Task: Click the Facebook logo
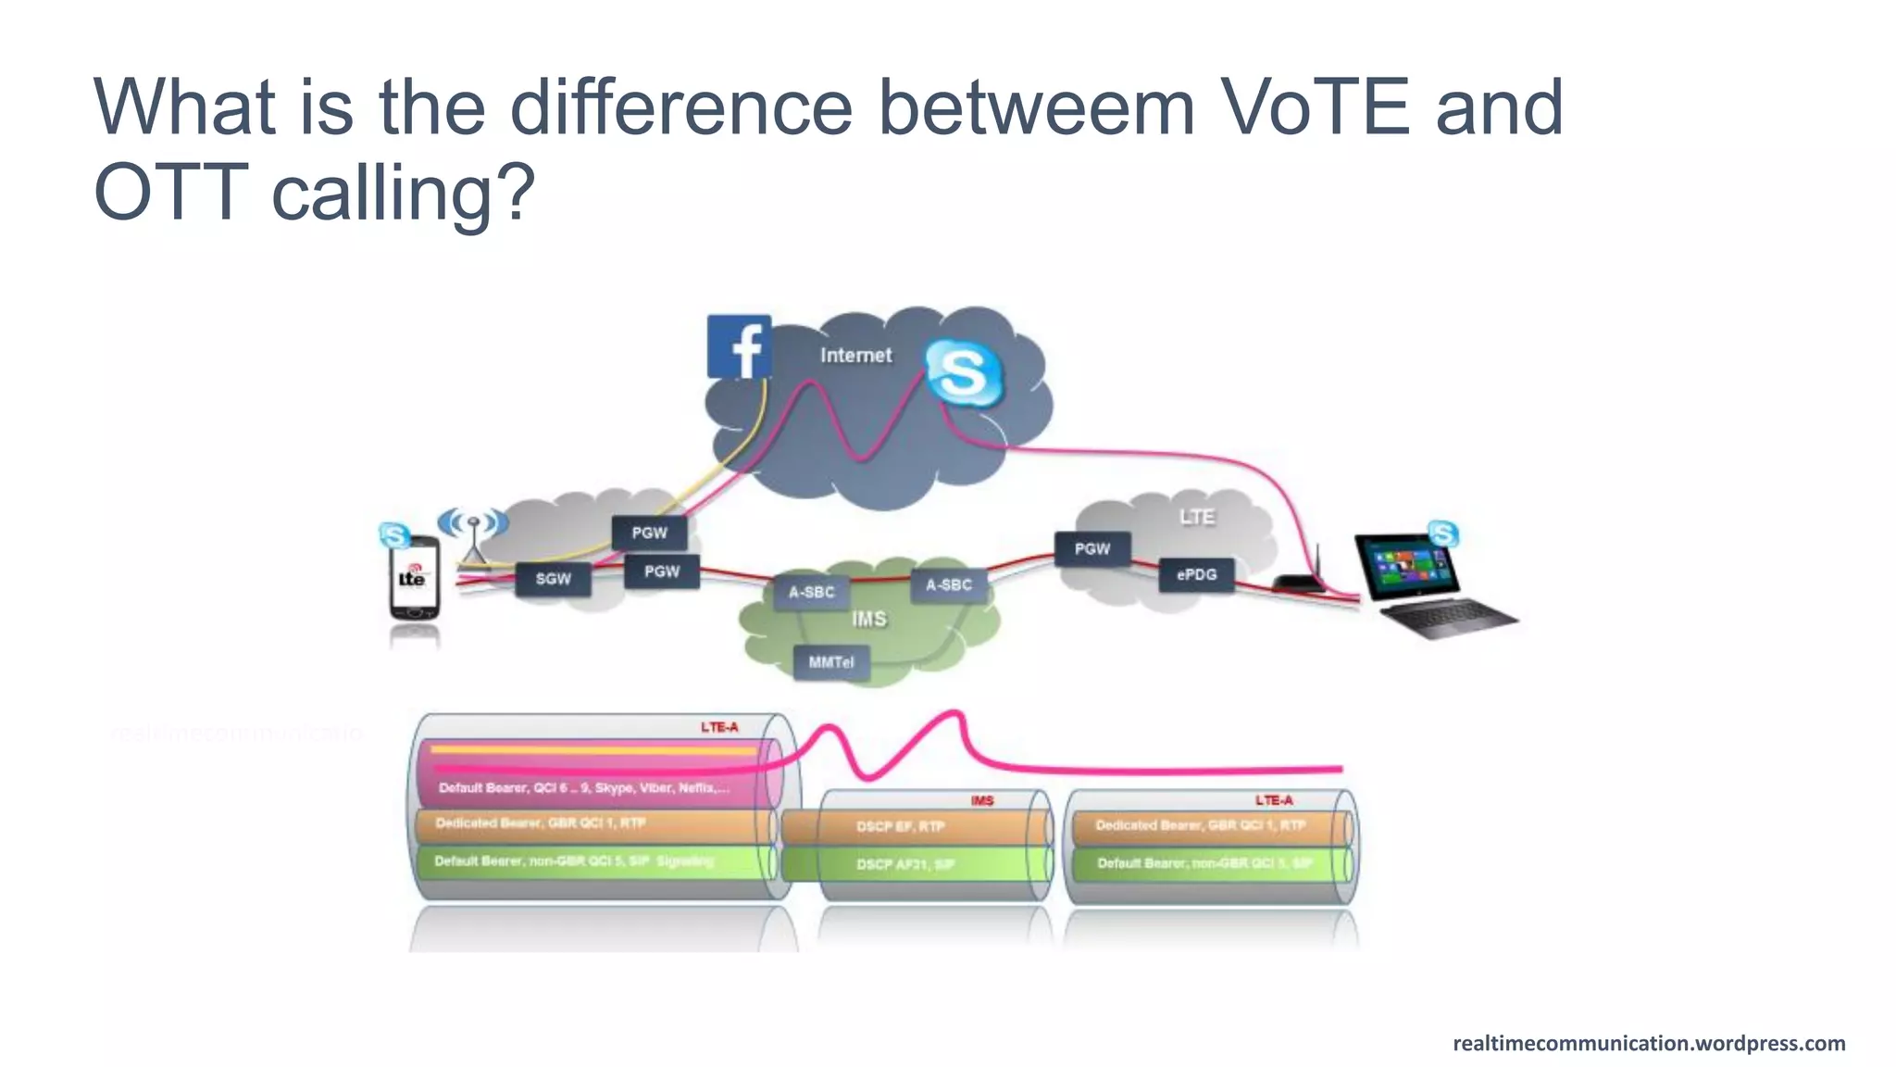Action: [x=739, y=346]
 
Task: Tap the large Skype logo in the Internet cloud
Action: [x=964, y=373]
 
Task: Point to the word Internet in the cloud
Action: [x=855, y=355]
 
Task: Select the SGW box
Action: [x=553, y=579]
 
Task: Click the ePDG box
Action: [x=1196, y=574]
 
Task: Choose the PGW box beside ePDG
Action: [x=1092, y=548]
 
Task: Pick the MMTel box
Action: [x=830, y=662]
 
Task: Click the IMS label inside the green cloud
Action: [x=868, y=619]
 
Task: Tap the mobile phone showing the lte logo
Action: [x=413, y=578]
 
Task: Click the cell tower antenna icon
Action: [x=473, y=533]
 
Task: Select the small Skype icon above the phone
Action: [x=395, y=534]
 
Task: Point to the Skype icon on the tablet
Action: [x=1442, y=533]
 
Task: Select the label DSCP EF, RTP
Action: [x=900, y=826]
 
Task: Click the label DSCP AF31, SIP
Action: [x=904, y=864]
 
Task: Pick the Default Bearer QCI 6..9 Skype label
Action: [x=583, y=788]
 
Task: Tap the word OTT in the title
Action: [x=170, y=192]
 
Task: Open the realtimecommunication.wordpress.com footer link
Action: [x=1649, y=1043]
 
